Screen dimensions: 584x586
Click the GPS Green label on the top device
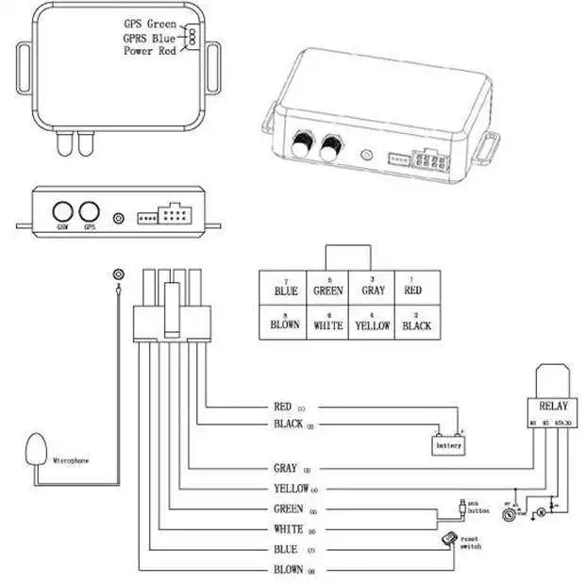149,22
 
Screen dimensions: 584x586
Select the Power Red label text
150,51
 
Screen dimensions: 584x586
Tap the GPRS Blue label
149,37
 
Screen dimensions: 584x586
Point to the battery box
447,443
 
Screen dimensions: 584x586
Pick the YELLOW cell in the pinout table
372,325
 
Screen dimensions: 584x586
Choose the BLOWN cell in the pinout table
285,325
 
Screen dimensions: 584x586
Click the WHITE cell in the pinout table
328,325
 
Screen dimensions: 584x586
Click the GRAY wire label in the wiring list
284,468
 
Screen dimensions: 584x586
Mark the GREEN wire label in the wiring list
287,509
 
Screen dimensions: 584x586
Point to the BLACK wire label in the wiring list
286,425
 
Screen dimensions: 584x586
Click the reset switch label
470,544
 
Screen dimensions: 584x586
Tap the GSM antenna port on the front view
63,212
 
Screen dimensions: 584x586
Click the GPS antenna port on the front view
90,212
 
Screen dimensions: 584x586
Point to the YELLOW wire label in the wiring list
290,489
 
